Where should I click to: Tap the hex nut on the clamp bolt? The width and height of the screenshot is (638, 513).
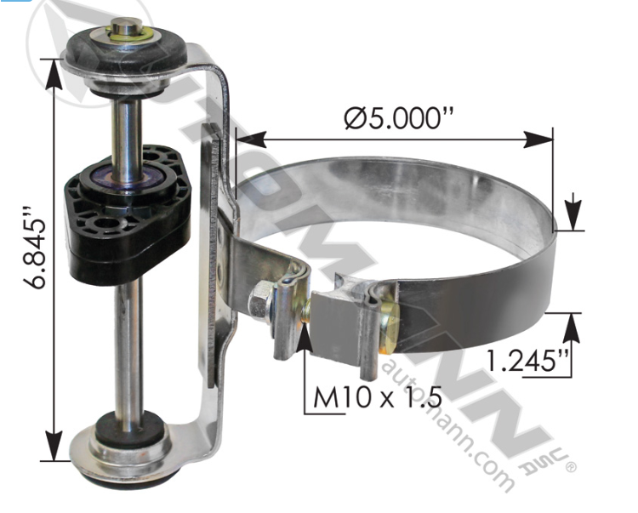(259, 300)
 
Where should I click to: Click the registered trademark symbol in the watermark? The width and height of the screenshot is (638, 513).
(571, 467)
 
